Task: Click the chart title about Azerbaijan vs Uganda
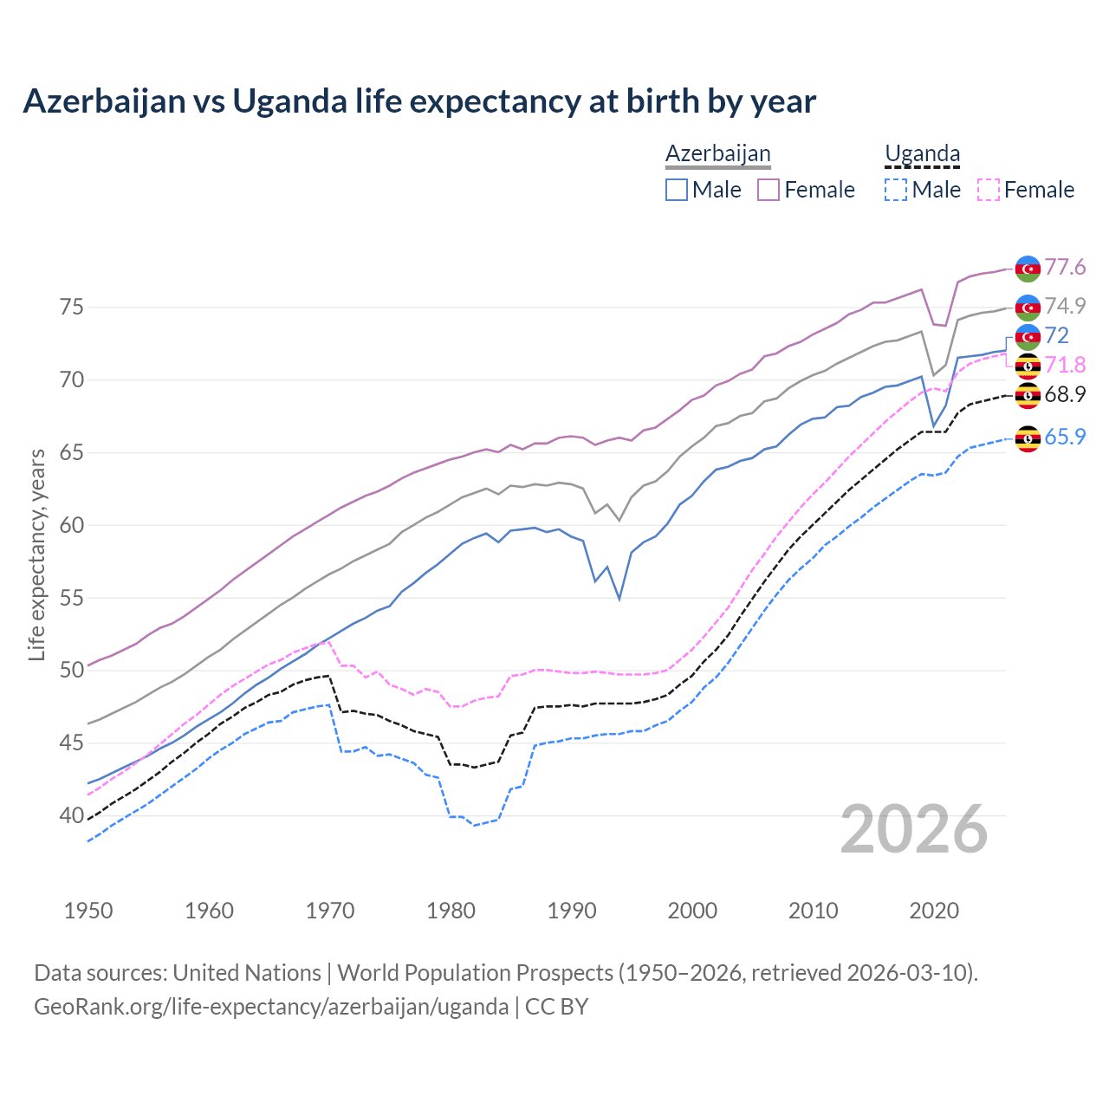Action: pos(419,101)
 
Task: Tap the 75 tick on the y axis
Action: pos(72,308)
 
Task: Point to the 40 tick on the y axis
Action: pos(72,815)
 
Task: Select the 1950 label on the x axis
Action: pos(88,911)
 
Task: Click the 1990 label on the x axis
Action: pos(572,911)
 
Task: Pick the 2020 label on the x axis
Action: pos(934,911)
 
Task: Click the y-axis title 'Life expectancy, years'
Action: pos(37,554)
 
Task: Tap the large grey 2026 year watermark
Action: pos(914,829)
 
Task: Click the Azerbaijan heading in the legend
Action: pos(717,154)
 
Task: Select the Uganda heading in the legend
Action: pos(922,154)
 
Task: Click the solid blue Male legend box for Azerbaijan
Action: pos(677,190)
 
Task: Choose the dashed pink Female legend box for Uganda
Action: pos(989,190)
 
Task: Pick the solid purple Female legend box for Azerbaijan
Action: pos(769,190)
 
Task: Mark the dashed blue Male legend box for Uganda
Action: pos(896,190)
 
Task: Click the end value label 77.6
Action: pos(1065,267)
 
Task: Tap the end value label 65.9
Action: pos(1065,437)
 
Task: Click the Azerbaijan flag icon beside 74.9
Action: pos(1028,308)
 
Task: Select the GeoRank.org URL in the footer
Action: pos(271,1007)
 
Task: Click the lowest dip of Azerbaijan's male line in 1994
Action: pos(619,599)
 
